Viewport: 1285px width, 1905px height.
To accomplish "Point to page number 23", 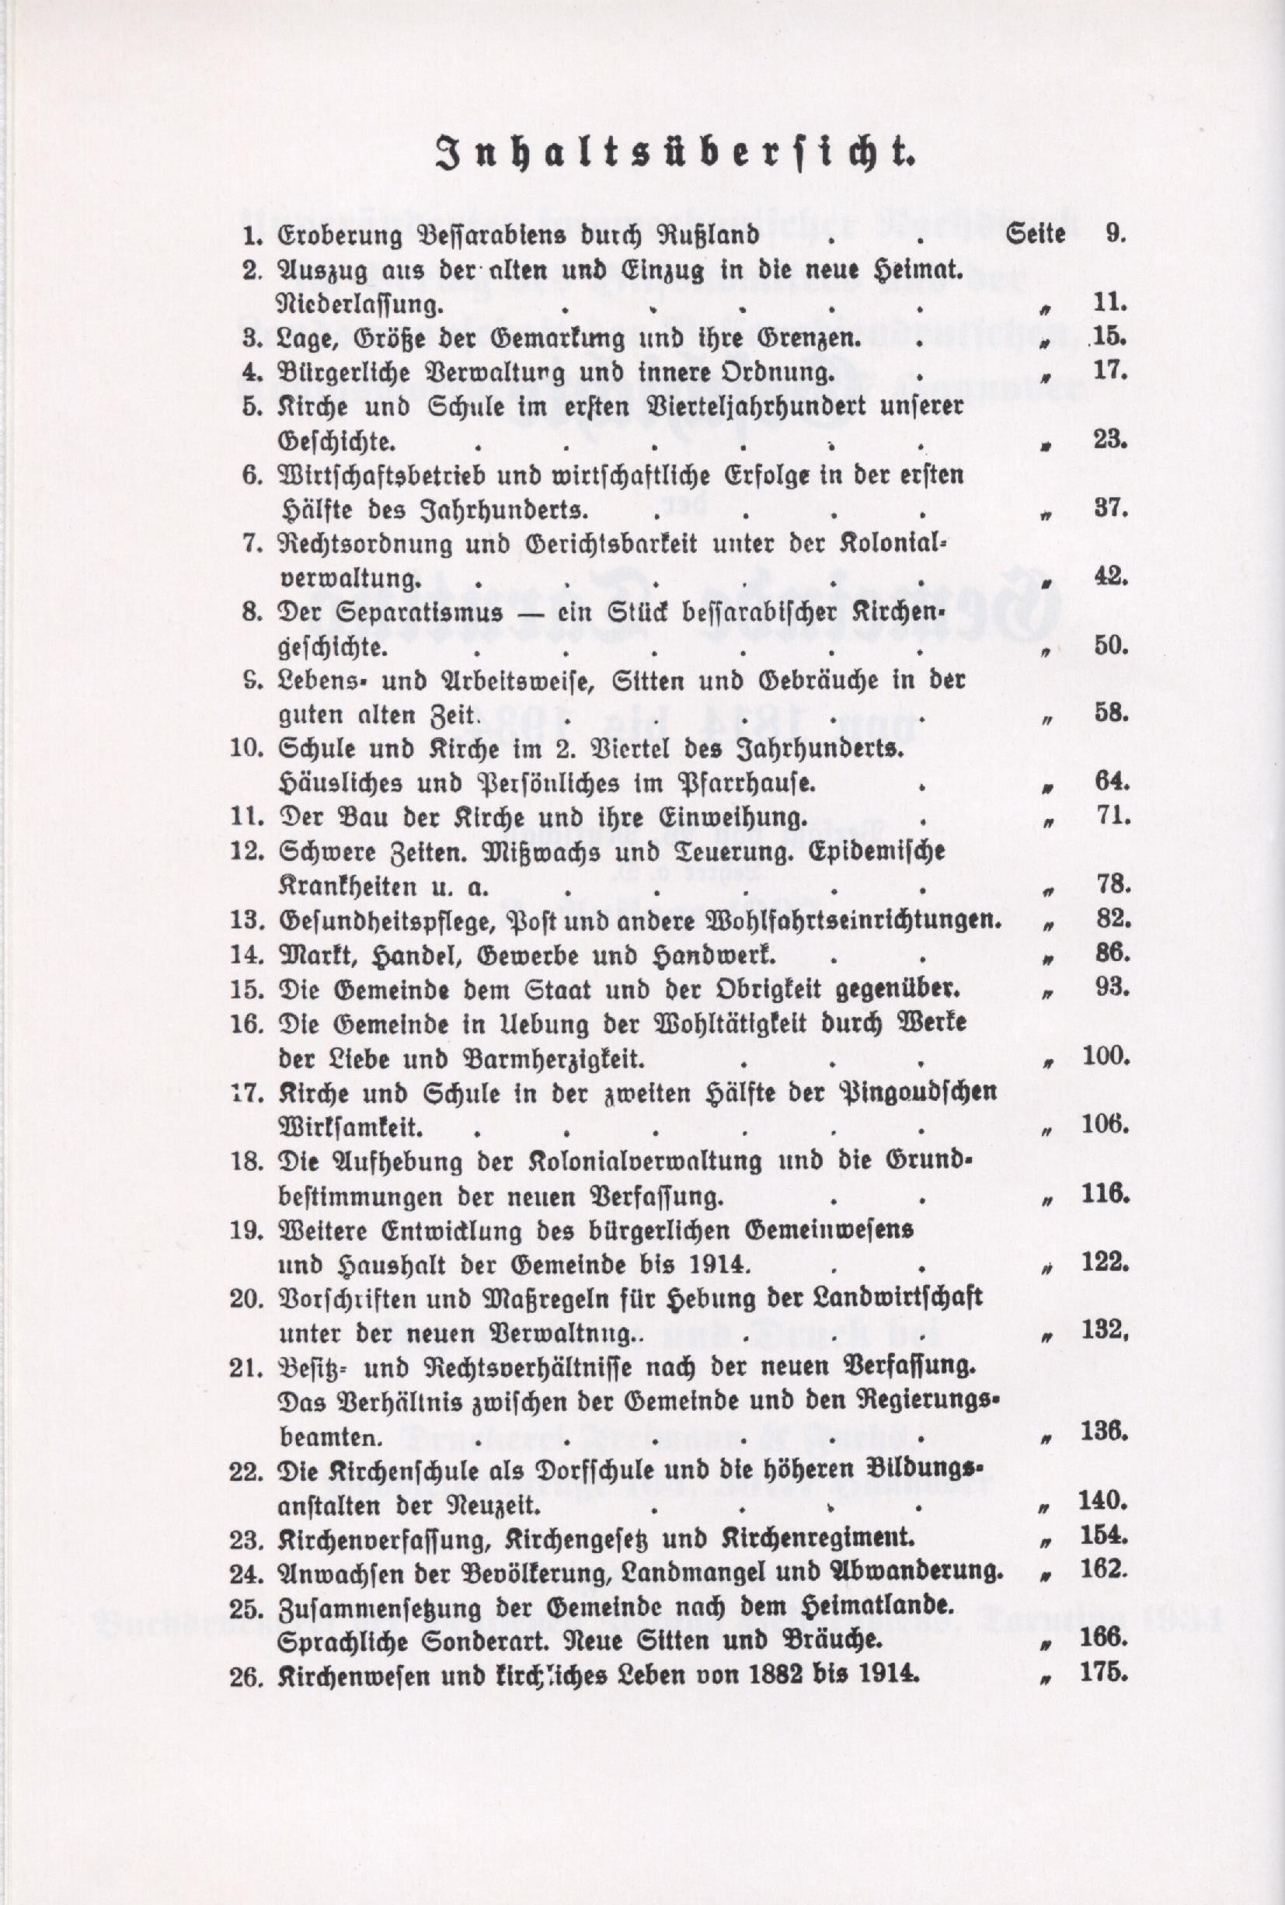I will [1111, 440].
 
